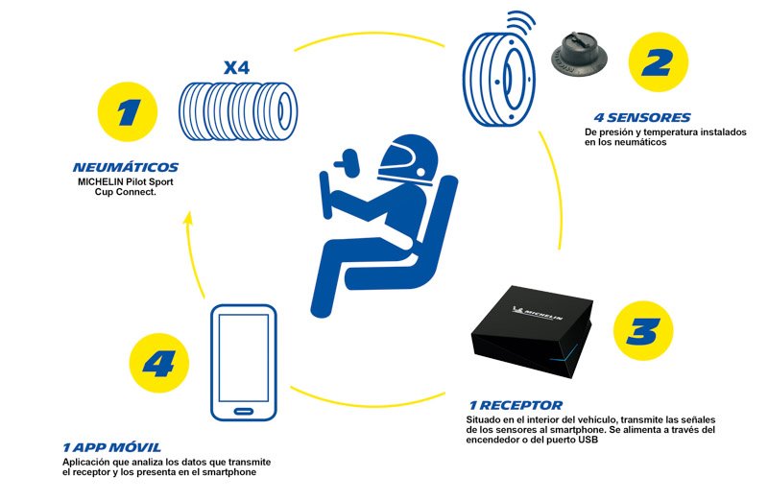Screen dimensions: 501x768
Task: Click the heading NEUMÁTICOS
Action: pos(125,167)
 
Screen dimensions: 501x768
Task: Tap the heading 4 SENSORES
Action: pos(636,119)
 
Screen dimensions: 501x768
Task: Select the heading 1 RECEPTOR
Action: pos(516,406)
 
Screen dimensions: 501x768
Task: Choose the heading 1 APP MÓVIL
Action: pos(111,447)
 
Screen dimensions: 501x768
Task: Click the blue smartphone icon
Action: pos(243,360)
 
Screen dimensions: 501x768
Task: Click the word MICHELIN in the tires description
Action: pos(103,179)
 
